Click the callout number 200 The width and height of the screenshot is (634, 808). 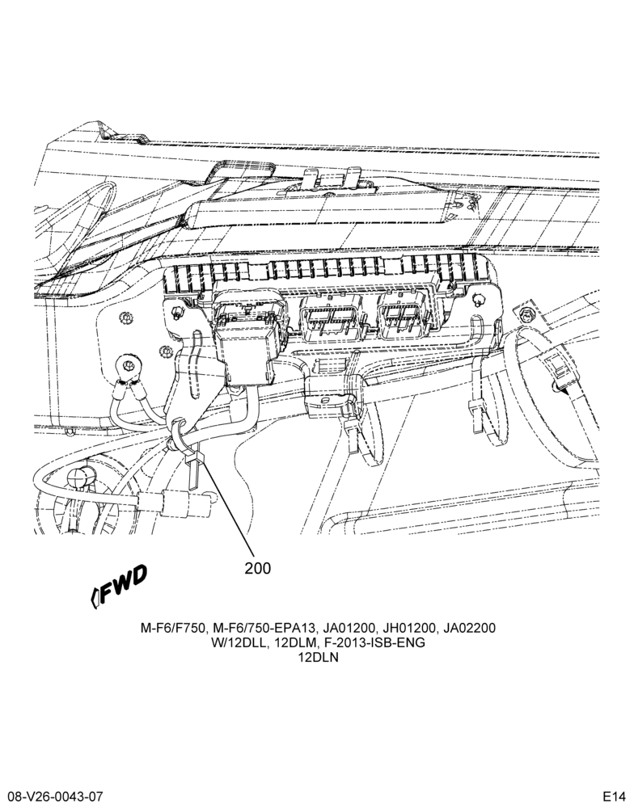[x=257, y=568]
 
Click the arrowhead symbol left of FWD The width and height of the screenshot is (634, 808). [x=95, y=598]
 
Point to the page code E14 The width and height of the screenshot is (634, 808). [x=614, y=795]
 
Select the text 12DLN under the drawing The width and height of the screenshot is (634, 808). [x=319, y=658]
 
